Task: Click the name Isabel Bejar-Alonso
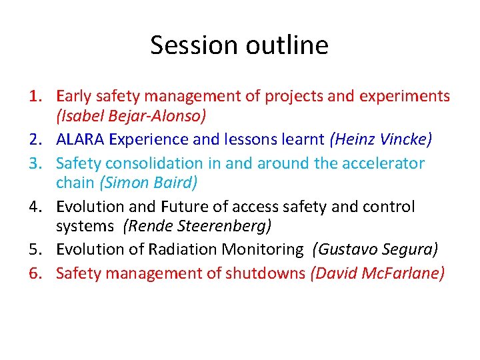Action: [x=131, y=117]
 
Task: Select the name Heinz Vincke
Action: [x=381, y=140]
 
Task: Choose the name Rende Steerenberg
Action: [x=197, y=227]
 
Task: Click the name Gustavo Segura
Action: [x=377, y=250]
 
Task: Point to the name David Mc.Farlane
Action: [x=377, y=273]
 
